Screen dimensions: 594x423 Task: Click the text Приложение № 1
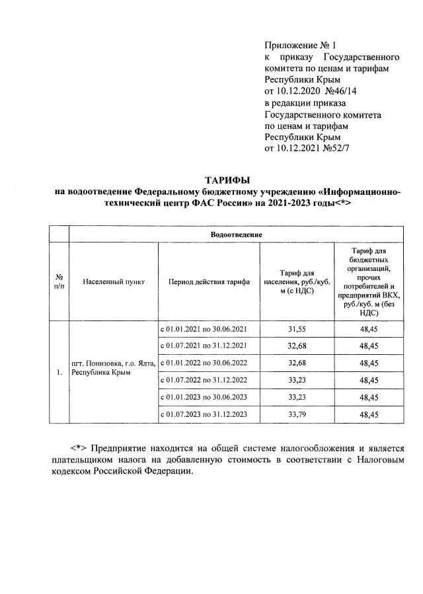(300, 46)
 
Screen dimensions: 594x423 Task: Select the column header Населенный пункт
(114, 281)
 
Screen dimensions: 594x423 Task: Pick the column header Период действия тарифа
(209, 281)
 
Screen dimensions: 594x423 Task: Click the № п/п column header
(59, 281)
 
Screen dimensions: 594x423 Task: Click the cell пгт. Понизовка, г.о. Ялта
(113, 363)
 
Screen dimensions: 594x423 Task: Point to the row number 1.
(59, 372)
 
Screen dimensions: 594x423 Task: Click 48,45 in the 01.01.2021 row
(369, 328)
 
